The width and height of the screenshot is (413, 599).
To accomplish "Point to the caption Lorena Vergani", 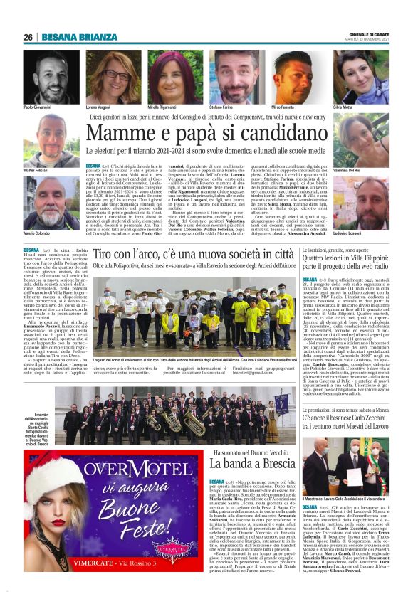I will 99,107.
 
